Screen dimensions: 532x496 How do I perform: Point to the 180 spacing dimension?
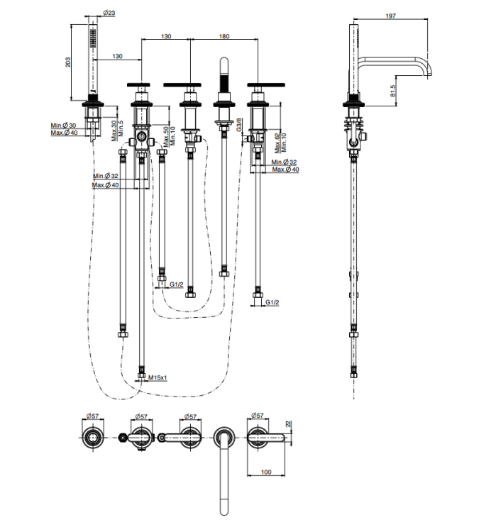[224, 36]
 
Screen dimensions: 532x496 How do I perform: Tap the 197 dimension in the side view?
[392, 16]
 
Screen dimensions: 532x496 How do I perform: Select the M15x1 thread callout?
[158, 378]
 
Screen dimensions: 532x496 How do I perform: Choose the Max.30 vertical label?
[115, 130]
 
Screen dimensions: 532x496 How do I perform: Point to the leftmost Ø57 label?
[92, 416]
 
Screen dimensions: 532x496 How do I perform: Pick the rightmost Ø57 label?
[257, 416]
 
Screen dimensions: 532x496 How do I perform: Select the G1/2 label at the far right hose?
[272, 303]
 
